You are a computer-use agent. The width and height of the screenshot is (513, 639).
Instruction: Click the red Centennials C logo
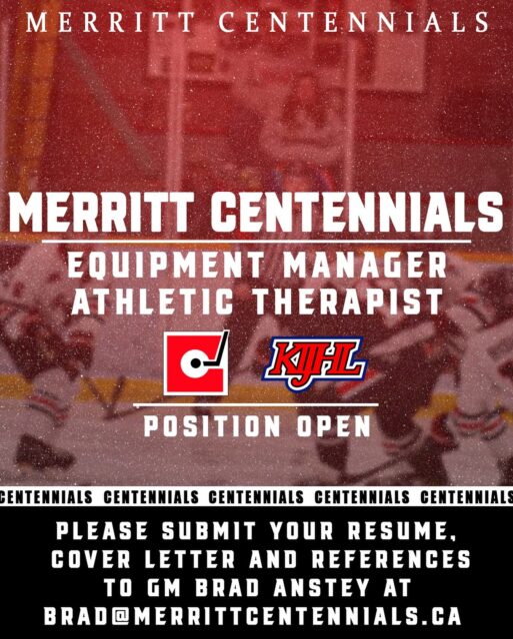click(196, 361)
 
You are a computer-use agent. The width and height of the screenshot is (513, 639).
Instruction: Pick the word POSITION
click(212, 426)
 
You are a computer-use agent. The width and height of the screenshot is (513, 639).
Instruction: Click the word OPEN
click(335, 426)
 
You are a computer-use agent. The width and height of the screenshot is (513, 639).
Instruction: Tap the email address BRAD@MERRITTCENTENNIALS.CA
click(256, 611)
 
